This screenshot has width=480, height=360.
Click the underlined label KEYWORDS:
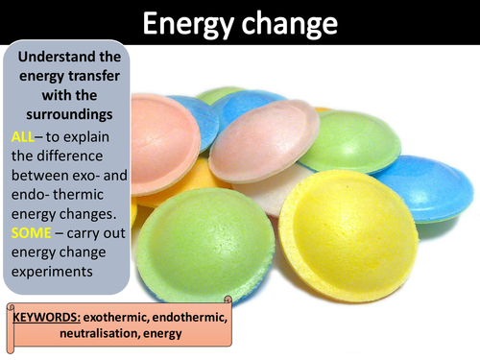(45, 315)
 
